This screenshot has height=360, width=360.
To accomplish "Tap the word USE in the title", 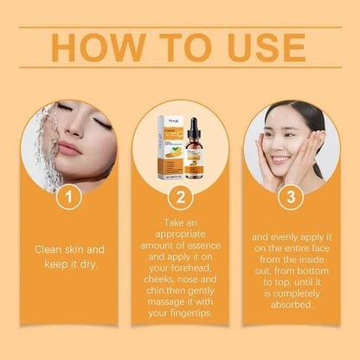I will [263, 48].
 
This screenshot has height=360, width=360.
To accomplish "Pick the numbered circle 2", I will [179, 197].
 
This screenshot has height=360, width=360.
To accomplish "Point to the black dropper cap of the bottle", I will [192, 125].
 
